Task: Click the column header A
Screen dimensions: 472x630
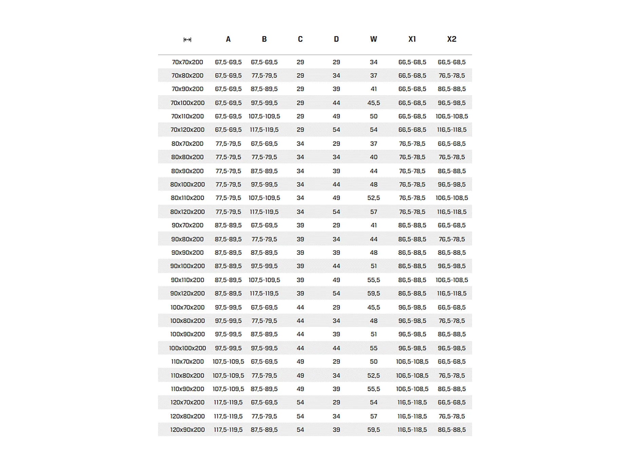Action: (228, 39)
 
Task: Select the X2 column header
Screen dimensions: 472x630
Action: (451, 39)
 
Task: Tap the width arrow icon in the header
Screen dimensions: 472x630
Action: (187, 40)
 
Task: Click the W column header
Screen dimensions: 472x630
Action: (373, 39)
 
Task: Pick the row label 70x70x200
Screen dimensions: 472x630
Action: (187, 62)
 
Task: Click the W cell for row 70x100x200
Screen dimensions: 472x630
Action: (373, 103)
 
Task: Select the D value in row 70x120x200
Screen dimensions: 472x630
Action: (336, 130)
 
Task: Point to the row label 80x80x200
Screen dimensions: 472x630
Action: (187, 157)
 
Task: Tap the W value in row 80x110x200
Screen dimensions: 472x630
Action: (373, 198)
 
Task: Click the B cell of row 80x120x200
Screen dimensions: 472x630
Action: (264, 212)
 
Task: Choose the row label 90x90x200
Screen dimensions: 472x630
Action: (187, 253)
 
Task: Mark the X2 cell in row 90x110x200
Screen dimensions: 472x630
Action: (451, 280)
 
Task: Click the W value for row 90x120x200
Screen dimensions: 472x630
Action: (373, 293)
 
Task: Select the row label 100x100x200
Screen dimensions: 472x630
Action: (187, 348)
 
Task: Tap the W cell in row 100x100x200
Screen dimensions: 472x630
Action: (373, 348)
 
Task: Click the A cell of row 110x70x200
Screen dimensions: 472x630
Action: (228, 361)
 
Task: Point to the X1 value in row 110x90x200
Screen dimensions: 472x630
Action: (412, 389)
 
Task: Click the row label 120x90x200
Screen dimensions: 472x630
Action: (187, 430)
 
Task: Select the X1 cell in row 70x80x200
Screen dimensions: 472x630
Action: (412, 75)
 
